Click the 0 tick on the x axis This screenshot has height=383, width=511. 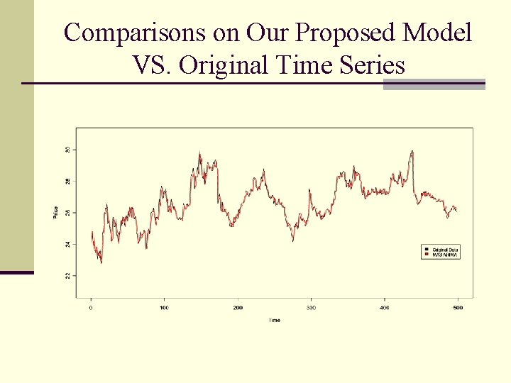[91, 308]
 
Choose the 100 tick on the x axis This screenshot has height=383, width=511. [164, 308]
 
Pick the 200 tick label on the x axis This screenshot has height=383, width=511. [237, 308]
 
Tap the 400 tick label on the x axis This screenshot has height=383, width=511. [384, 308]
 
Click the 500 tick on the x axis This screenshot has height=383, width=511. [458, 308]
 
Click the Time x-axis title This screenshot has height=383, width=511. [274, 320]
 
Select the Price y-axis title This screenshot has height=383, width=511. [56, 212]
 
